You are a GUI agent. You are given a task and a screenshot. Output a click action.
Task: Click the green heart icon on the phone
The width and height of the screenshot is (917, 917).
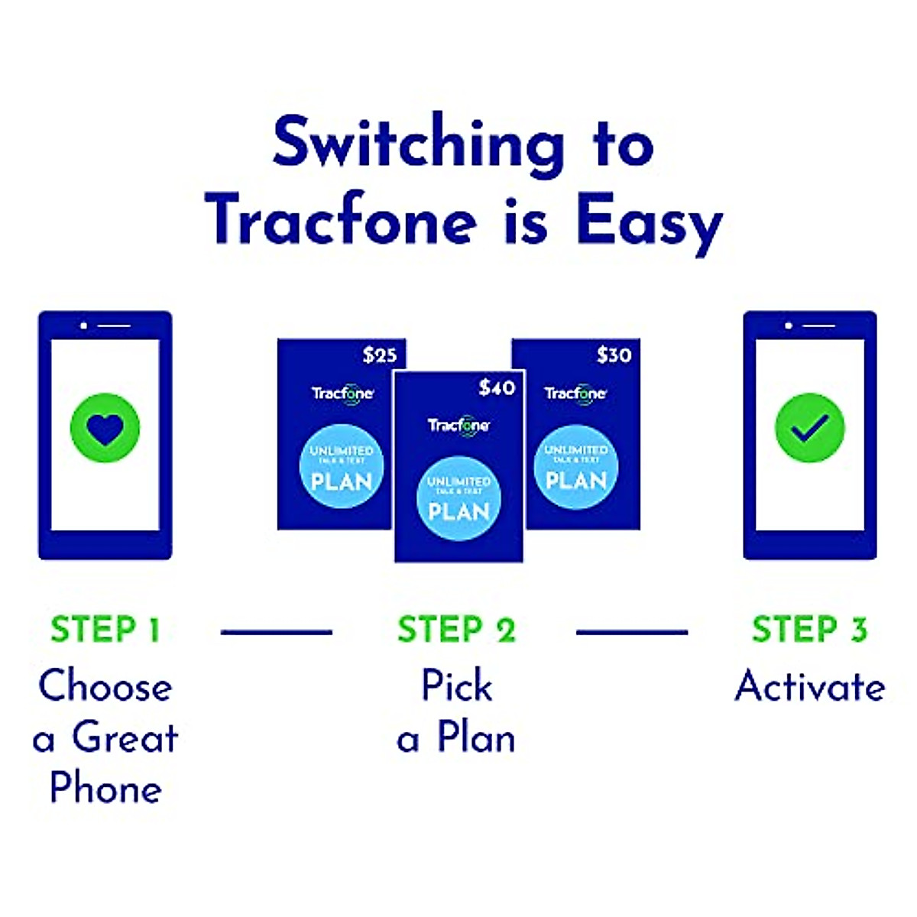(105, 428)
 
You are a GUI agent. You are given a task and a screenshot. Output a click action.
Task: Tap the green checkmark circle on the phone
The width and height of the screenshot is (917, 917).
(809, 428)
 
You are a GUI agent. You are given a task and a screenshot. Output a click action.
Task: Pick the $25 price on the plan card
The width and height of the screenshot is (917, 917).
(380, 355)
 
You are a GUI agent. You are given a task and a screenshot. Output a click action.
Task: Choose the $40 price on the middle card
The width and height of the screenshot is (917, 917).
(497, 388)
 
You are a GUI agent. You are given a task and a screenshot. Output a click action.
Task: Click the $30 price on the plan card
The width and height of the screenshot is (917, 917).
(614, 355)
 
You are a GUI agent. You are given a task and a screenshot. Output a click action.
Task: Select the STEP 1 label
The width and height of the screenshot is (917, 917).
(105, 630)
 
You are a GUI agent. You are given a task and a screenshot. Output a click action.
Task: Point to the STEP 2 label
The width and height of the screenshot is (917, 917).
(456, 630)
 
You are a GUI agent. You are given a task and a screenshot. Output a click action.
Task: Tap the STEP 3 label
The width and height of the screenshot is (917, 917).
(809, 630)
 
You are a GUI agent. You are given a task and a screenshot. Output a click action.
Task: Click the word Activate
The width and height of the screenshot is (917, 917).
(810, 686)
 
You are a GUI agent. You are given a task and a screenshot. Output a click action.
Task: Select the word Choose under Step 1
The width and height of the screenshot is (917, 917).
(105, 686)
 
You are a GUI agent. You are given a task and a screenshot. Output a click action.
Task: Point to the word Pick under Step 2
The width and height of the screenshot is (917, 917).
(457, 685)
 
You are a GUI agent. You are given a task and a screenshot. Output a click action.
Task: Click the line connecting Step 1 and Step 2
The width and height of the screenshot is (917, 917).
(277, 632)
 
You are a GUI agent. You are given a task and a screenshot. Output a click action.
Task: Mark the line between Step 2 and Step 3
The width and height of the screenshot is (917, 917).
(632, 632)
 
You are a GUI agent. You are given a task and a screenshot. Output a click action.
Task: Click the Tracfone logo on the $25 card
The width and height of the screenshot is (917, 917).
(342, 394)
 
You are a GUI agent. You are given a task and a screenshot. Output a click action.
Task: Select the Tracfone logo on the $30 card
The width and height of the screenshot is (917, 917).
(575, 394)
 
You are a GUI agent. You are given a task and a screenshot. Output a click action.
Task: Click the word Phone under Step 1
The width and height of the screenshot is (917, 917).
(105, 788)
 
